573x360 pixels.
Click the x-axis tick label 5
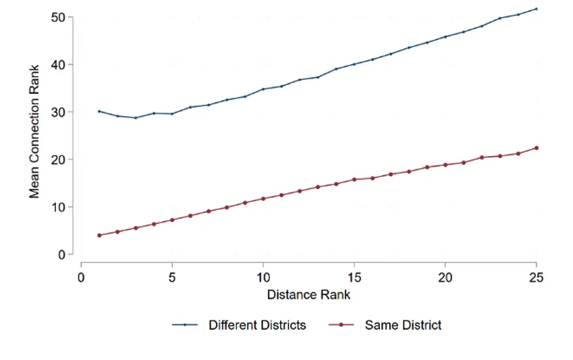point(172,278)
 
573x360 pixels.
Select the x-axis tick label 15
point(354,278)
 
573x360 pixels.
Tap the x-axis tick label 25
point(537,278)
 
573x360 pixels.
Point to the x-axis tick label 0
point(81,278)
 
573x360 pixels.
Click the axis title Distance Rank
point(308,294)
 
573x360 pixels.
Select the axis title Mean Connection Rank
point(34,131)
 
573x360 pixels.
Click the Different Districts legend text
point(257,325)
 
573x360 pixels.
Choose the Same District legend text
point(403,325)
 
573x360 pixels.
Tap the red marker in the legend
point(341,325)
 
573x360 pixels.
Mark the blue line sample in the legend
point(184,325)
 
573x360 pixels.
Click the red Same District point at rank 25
point(537,148)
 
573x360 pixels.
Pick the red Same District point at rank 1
point(99,235)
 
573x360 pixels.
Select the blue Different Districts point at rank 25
point(537,9)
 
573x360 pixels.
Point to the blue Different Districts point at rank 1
point(99,111)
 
